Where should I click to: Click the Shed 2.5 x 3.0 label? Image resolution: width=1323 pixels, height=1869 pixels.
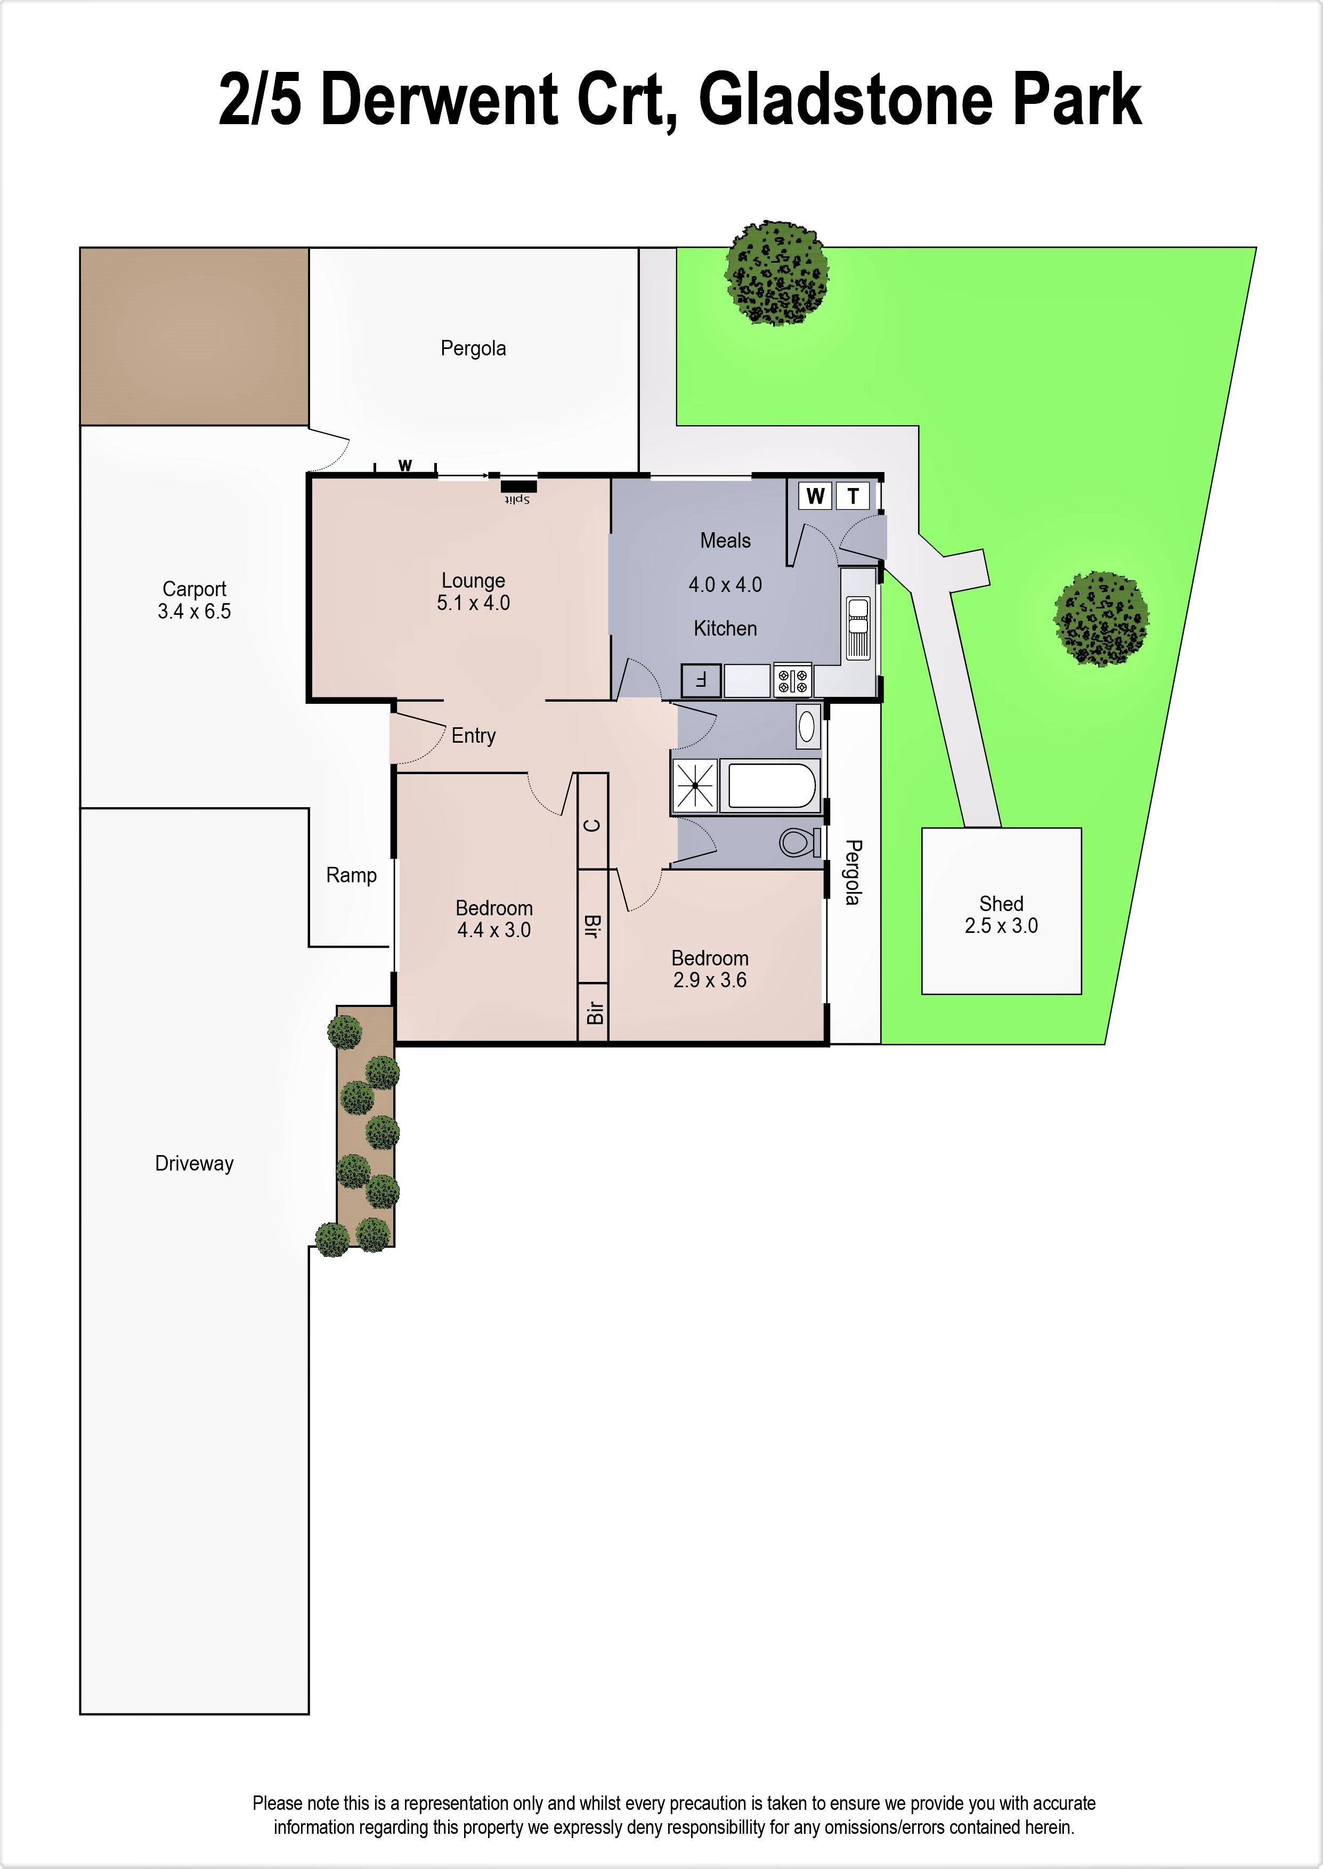(1001, 915)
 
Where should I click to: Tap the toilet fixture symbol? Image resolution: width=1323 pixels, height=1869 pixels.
(798, 843)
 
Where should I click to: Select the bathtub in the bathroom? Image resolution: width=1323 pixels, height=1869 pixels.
(770, 786)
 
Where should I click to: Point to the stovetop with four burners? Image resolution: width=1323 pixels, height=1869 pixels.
(792, 680)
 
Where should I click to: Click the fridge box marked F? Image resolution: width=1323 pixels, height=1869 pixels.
(701, 680)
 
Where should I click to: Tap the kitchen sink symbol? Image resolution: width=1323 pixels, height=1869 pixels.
(858, 628)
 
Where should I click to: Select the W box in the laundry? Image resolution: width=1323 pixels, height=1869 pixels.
(815, 496)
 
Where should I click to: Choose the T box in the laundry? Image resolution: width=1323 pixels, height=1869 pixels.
(853, 496)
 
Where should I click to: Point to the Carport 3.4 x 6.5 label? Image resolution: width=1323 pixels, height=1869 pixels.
(194, 600)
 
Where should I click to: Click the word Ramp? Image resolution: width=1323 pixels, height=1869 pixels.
(351, 875)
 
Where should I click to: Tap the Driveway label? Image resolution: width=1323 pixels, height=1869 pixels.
(194, 1163)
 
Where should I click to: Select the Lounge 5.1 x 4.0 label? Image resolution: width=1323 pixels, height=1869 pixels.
(473, 592)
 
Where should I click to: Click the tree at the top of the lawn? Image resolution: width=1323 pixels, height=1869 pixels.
(777, 273)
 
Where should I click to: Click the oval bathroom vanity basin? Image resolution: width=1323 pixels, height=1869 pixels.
(807, 726)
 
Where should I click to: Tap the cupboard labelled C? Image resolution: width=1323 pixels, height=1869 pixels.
(593, 825)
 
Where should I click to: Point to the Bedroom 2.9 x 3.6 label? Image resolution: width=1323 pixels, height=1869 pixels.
(710, 969)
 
